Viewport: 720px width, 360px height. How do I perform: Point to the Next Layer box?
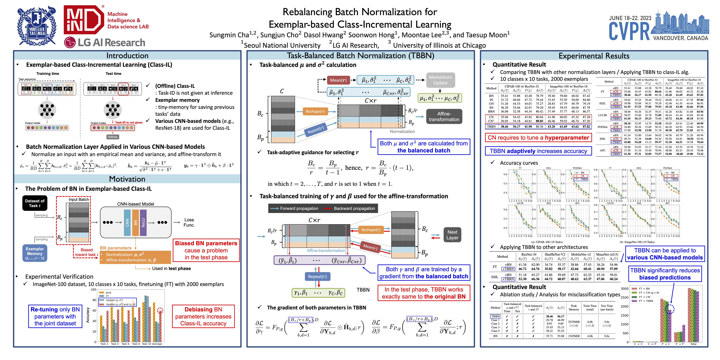(452, 235)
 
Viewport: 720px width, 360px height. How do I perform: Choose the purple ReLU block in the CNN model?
(143, 222)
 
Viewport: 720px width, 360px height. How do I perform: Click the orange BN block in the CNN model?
(136, 222)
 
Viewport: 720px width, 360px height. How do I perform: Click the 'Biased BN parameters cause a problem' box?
(206, 250)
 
